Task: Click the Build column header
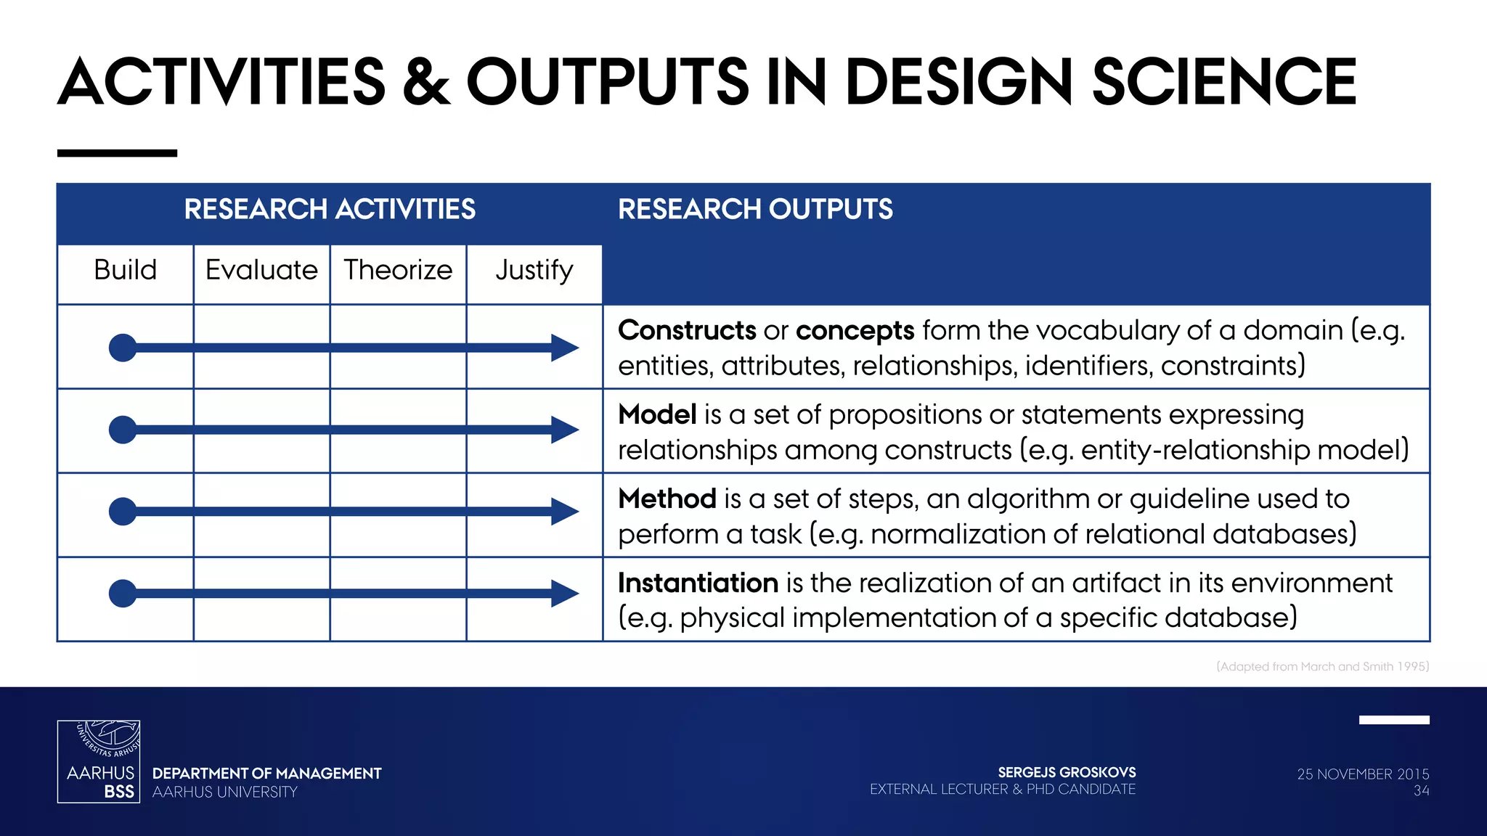[125, 270]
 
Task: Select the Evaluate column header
[261, 270]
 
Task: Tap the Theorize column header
[398, 270]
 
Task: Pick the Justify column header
[534, 270]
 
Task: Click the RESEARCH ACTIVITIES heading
[330, 210]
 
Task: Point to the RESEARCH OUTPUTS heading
[755, 210]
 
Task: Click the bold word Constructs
[687, 331]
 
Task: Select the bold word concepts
[855, 331]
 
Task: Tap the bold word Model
[657, 415]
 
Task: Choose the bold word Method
[667, 499]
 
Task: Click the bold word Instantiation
[698, 583]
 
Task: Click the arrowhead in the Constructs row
[564, 348]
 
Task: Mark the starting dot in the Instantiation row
[123, 594]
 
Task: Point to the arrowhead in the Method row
[564, 512]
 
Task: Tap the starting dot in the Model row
[123, 430]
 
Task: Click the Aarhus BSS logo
[99, 761]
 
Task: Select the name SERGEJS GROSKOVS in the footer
[1066, 773]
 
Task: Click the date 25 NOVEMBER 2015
[1362, 774]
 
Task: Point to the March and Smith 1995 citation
[1322, 666]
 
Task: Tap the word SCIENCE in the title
[1224, 82]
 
